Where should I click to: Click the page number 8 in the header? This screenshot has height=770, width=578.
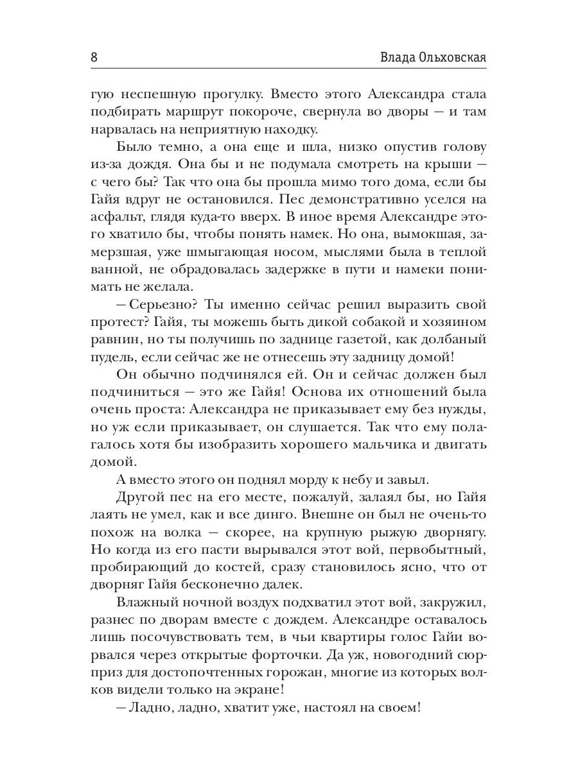[x=94, y=57]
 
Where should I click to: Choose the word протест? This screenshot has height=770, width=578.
[x=116, y=321]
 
